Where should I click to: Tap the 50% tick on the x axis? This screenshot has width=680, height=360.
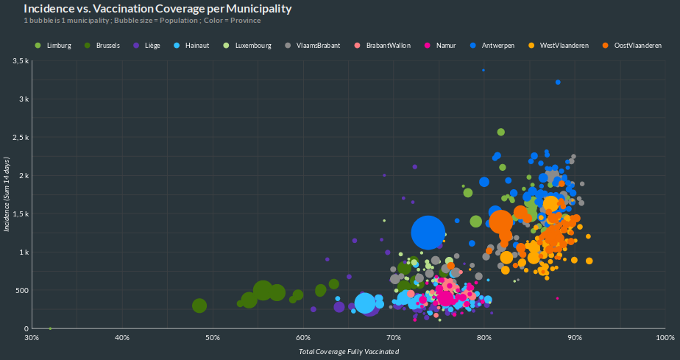pos(213,338)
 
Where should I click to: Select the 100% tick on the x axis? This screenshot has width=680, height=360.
pos(665,338)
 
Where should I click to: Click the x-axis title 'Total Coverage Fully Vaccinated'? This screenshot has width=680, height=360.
pos(349,352)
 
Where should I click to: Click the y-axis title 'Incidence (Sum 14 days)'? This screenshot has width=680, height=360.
pos(7,194)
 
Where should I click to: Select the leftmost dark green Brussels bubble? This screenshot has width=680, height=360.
pos(199,306)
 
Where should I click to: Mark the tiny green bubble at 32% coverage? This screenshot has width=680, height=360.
pos(50,328)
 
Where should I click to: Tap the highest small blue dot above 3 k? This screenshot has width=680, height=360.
pos(484,70)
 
